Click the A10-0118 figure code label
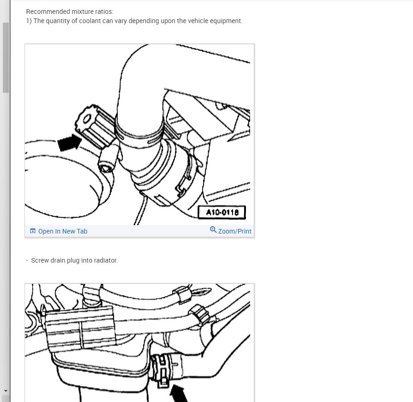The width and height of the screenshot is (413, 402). coord(221,213)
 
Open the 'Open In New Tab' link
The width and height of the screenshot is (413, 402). coord(62,231)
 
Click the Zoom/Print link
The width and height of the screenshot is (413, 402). coord(234,231)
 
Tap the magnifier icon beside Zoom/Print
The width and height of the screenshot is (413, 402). coord(213,230)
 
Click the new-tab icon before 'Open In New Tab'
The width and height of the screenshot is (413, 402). coord(33,231)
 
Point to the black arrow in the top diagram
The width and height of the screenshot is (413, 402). coord(68,143)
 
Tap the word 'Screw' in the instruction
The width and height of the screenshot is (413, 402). coord(40,260)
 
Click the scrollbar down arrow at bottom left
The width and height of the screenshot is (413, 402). coord(5,391)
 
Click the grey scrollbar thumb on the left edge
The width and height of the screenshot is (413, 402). coord(5,58)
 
